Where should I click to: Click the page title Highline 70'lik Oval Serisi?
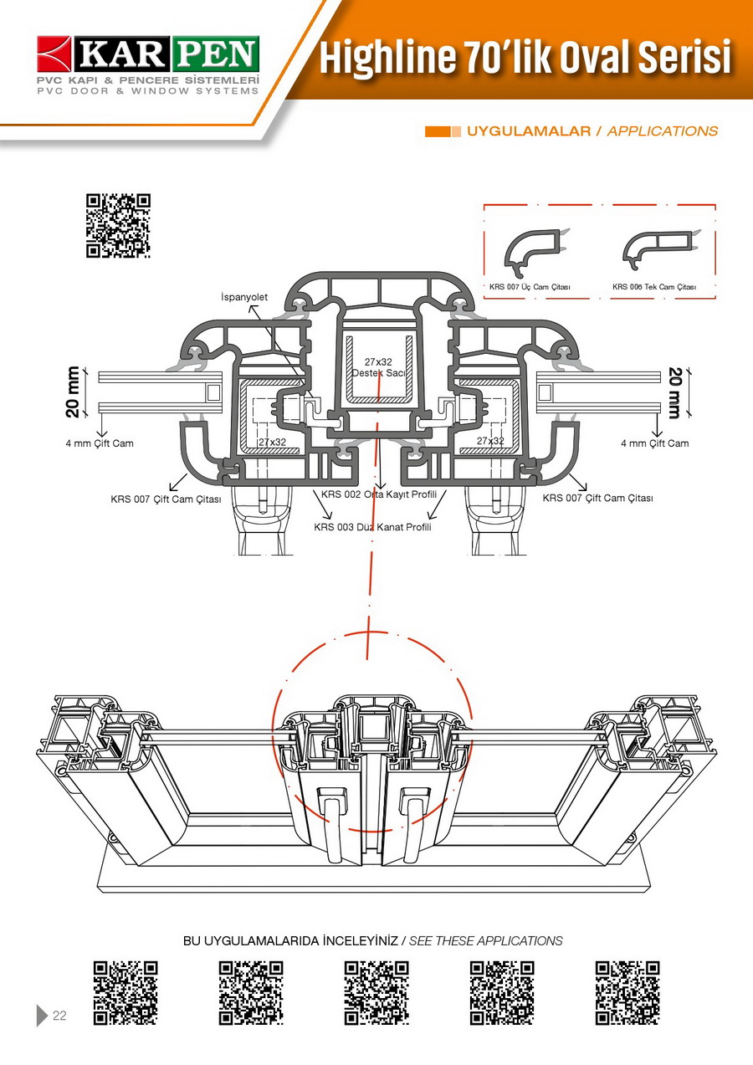pyautogui.click(x=525, y=59)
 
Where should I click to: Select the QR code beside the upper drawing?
pyautogui.click(x=118, y=225)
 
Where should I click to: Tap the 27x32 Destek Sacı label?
pyautogui.click(x=378, y=367)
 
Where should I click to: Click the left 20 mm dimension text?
pyautogui.click(x=74, y=392)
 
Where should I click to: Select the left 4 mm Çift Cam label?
pyautogui.click(x=100, y=443)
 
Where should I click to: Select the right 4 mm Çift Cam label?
pyautogui.click(x=654, y=443)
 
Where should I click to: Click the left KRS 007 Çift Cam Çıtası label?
pyautogui.click(x=166, y=499)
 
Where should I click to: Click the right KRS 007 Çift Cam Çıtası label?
pyautogui.click(x=597, y=499)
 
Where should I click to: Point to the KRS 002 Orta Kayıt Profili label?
pyautogui.click(x=379, y=494)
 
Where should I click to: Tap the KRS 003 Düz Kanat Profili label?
pyautogui.click(x=372, y=527)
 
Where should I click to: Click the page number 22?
pyautogui.click(x=59, y=1016)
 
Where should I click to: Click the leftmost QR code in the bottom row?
pyautogui.click(x=125, y=993)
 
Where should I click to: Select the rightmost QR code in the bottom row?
pyautogui.click(x=627, y=993)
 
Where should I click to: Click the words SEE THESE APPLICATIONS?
pyautogui.click(x=485, y=941)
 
